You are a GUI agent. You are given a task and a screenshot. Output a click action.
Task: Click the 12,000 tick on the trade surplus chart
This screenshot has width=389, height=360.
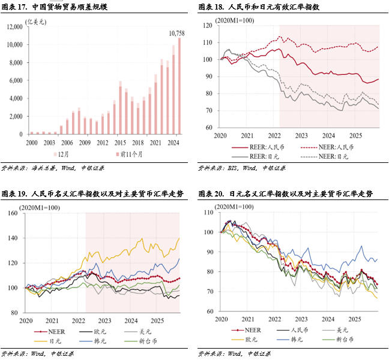click(14, 27)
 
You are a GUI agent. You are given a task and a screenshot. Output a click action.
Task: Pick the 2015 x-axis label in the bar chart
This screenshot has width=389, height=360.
click(121, 143)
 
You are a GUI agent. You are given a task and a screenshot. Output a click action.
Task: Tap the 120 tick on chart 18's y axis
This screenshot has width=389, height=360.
click(208, 25)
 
